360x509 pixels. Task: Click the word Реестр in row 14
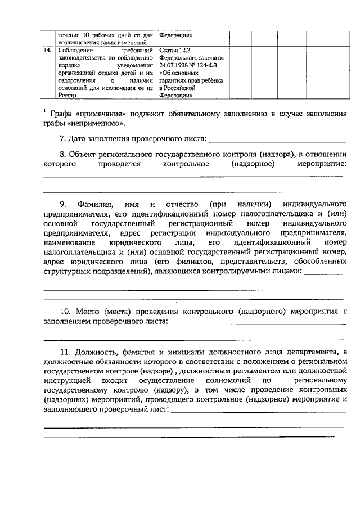[68, 95]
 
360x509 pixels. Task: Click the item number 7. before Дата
[63, 138]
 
